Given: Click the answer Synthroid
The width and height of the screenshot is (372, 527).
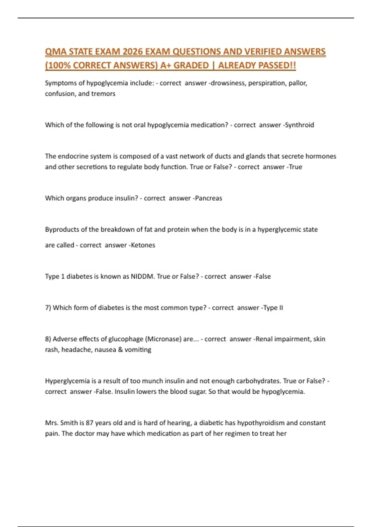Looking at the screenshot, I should [x=299, y=125].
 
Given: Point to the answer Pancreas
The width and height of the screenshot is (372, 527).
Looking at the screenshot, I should [x=208, y=198].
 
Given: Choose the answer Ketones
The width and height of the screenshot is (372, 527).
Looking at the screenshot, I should [x=143, y=245].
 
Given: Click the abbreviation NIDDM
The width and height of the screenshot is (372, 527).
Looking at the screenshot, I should [x=142, y=276].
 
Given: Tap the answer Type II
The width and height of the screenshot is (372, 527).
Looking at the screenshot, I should [x=273, y=308].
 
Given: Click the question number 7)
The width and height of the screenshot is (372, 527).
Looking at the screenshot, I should [x=48, y=308].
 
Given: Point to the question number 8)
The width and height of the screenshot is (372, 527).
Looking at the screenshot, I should [x=48, y=339].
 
